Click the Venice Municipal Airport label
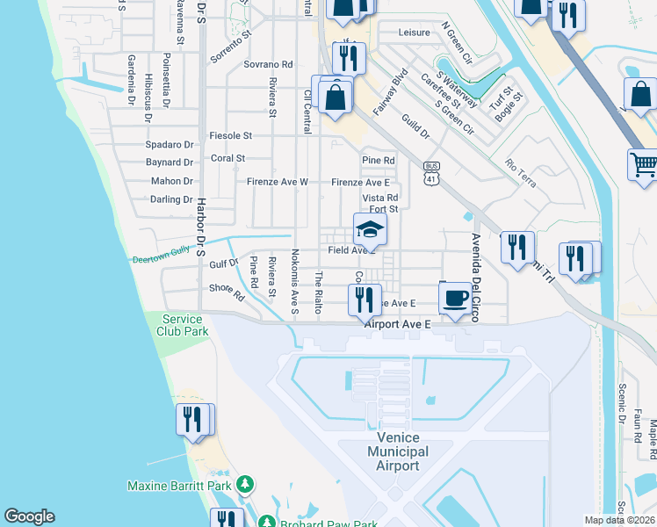pyautogui.click(x=399, y=451)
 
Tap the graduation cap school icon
pyautogui.click(x=371, y=231)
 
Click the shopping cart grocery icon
pyautogui.click(x=643, y=164)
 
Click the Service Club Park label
pyautogui.click(x=183, y=325)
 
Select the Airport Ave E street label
pyautogui.click(x=399, y=324)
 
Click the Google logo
pyautogui.click(x=29, y=516)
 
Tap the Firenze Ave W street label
pyautogui.click(x=277, y=182)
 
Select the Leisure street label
pyautogui.click(x=415, y=32)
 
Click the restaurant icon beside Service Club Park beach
pyautogui.click(x=193, y=420)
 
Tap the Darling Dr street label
pyautogui.click(x=171, y=199)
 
